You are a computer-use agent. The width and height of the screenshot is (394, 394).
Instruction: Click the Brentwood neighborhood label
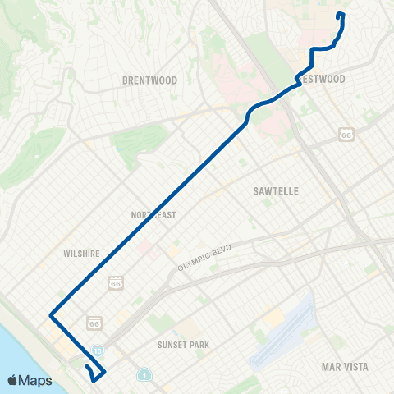(149, 80)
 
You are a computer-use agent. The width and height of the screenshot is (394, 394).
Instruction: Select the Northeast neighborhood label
(153, 214)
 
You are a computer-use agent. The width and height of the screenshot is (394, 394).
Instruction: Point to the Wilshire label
(81, 254)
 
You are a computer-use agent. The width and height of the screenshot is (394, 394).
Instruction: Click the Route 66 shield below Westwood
(346, 134)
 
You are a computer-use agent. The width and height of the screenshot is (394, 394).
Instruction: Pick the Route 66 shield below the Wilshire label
(115, 282)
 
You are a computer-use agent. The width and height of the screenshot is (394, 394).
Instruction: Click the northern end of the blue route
(340, 14)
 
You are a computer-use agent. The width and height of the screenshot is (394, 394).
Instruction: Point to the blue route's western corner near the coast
(51, 314)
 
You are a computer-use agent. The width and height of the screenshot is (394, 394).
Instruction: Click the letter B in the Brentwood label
(126, 80)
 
